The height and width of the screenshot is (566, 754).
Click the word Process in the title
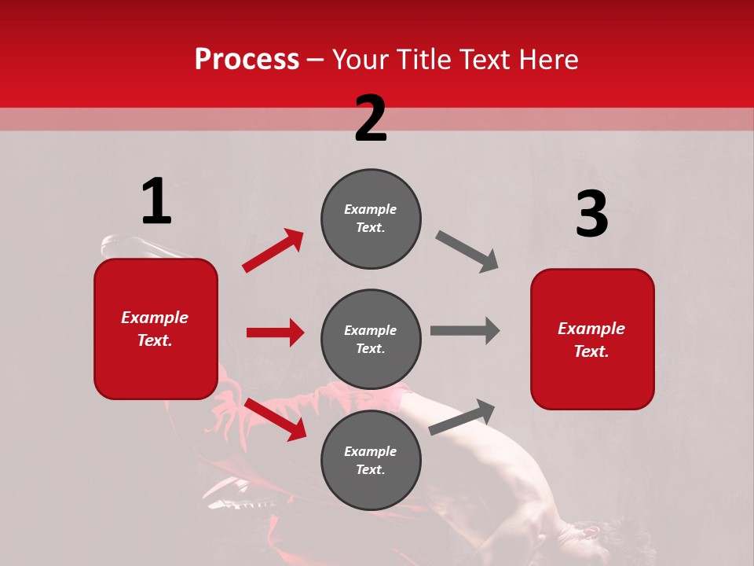pyautogui.click(x=247, y=59)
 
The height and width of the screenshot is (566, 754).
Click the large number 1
pyautogui.click(x=156, y=201)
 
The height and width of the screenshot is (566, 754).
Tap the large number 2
pyautogui.click(x=371, y=119)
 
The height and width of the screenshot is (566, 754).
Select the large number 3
pyautogui.click(x=591, y=215)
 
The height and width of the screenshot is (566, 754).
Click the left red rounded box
pyautogui.click(x=156, y=329)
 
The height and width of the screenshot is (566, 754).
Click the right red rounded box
pyautogui.click(x=592, y=339)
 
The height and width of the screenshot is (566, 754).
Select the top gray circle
pyautogui.click(x=371, y=219)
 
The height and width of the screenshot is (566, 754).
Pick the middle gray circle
pyautogui.click(x=371, y=339)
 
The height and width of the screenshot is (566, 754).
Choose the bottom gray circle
pyautogui.click(x=371, y=460)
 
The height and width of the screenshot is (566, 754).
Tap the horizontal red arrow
pyautogui.click(x=275, y=333)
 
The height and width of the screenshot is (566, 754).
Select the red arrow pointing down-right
pyautogui.click(x=275, y=419)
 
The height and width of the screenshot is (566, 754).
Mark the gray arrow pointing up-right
pyautogui.click(x=463, y=417)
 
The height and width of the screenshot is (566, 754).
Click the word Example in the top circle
pyautogui.click(x=371, y=209)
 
